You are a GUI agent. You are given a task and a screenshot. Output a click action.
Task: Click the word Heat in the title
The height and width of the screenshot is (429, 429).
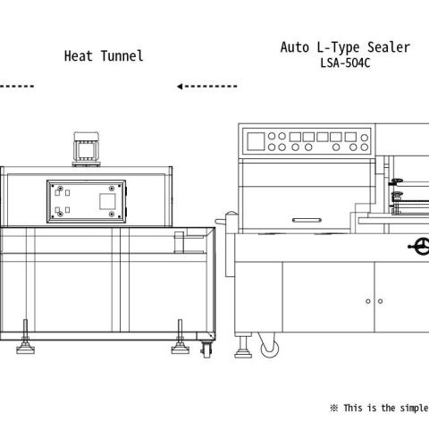(x=79, y=56)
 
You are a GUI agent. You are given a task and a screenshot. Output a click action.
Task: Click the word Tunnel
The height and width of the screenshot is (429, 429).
(x=122, y=56)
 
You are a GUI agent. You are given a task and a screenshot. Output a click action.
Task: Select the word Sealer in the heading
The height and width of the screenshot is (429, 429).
(x=389, y=47)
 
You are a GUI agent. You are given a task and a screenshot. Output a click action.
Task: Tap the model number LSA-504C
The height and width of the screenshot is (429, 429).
(x=345, y=63)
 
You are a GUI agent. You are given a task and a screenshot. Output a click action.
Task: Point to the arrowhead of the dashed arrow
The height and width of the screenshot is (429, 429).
(x=180, y=87)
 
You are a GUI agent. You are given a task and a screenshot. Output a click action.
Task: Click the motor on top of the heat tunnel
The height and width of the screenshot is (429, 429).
(x=87, y=149)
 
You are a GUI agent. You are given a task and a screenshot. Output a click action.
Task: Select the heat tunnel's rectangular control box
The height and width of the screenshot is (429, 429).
(x=87, y=201)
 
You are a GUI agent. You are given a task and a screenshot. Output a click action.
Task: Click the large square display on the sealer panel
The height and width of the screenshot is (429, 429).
(x=256, y=141)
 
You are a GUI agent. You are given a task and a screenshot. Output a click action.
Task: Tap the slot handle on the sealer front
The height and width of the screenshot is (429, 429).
(x=307, y=220)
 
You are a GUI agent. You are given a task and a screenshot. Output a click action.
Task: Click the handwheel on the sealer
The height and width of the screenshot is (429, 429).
(x=421, y=247)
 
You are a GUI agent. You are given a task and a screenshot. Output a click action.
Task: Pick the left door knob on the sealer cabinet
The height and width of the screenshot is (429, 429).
(x=368, y=301)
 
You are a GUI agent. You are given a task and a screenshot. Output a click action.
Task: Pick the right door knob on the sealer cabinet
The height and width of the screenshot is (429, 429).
(x=380, y=301)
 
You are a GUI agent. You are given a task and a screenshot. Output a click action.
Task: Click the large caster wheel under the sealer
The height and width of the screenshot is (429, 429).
(x=270, y=348)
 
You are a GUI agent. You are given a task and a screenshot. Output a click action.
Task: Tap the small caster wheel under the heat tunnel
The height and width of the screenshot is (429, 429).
(x=206, y=349)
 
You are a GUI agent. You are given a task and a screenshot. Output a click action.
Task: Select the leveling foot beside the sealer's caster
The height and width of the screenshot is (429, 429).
(x=243, y=347)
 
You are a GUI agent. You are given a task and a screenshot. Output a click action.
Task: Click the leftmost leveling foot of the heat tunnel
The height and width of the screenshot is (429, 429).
(x=25, y=337)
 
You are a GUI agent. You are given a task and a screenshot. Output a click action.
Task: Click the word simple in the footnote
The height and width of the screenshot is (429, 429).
(x=414, y=408)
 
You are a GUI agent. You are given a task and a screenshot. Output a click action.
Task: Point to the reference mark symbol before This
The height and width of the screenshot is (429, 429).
(x=334, y=408)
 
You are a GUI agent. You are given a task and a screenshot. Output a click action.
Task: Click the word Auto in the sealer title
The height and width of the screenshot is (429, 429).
(x=295, y=47)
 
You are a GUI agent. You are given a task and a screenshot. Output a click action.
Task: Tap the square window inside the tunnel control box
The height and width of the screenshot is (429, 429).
(x=107, y=201)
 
